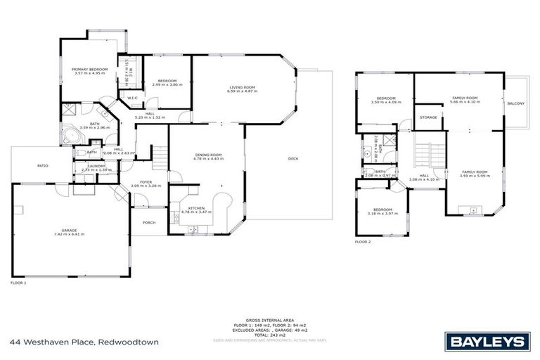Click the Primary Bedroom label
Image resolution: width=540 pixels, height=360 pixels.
(x=88, y=70)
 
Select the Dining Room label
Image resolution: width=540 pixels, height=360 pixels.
(x=209, y=156)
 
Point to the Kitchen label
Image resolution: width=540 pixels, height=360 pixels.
(x=196, y=209)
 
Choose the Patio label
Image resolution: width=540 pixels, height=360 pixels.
(x=43, y=165)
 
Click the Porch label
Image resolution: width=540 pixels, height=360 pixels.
(x=150, y=222)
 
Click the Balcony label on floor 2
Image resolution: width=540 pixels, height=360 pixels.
(x=515, y=103)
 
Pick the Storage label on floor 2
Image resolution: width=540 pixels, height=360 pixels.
(x=428, y=117)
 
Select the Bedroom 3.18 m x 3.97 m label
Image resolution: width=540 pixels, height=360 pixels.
(x=382, y=212)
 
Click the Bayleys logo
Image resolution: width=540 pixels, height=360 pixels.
(x=487, y=342)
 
